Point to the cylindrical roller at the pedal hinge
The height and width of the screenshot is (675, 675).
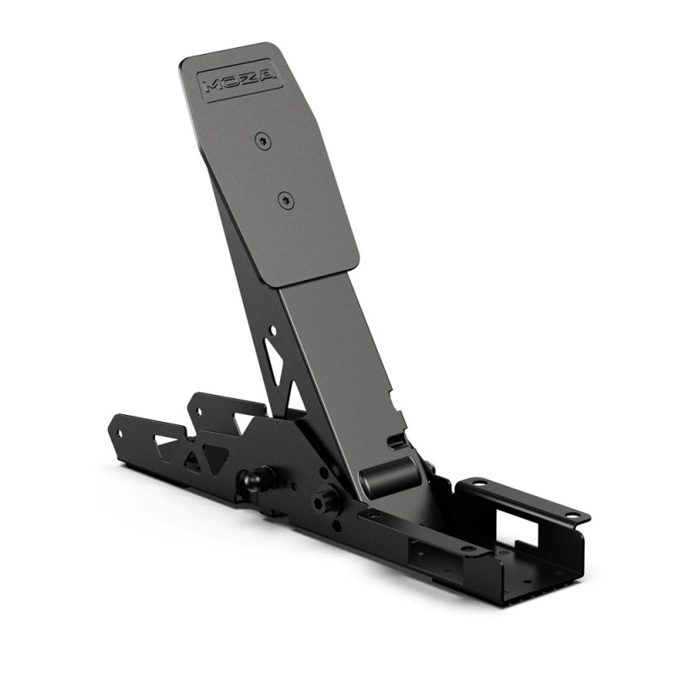tap(390, 476)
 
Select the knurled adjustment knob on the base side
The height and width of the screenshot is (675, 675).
tap(326, 502)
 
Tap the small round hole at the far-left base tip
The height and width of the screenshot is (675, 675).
tap(119, 433)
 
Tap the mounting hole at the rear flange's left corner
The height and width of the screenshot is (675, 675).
tap(479, 484)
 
